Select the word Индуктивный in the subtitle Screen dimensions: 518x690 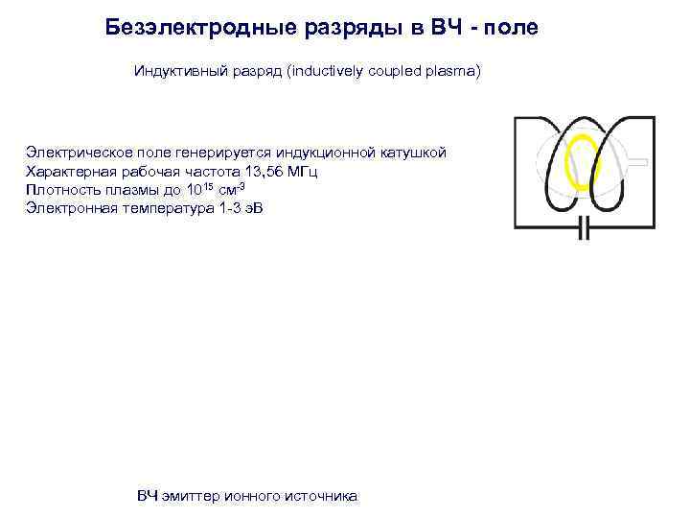(175, 72)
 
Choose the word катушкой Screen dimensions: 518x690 (412, 153)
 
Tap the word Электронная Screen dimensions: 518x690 (66, 208)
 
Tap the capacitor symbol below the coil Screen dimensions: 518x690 (585, 228)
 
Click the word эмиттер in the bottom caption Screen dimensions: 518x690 (191, 496)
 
